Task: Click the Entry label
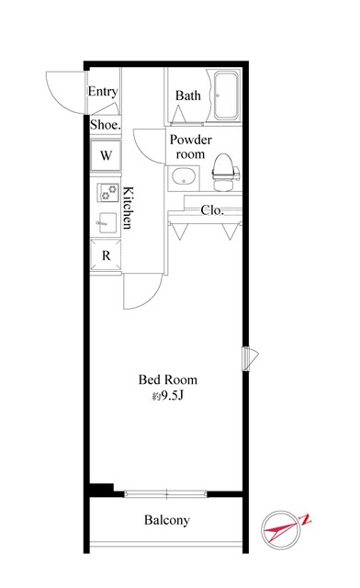click(x=103, y=92)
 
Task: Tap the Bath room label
click(x=188, y=96)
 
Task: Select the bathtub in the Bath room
click(x=225, y=97)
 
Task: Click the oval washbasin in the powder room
click(x=187, y=177)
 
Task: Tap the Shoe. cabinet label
click(x=104, y=125)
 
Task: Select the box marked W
click(x=106, y=155)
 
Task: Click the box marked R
click(x=106, y=255)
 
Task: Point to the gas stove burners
click(x=106, y=194)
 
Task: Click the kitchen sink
click(x=107, y=221)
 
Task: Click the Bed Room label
click(x=168, y=379)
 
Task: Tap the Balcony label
click(x=166, y=521)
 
